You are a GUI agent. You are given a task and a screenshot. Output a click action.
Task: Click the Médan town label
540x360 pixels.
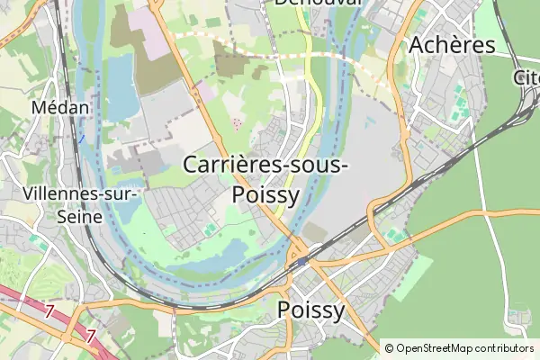60,107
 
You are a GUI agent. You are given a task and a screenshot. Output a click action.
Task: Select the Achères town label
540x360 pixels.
452,45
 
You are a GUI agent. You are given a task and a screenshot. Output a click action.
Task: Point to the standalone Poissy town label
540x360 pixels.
311,310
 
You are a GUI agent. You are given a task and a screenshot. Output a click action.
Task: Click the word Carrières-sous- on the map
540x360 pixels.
266,166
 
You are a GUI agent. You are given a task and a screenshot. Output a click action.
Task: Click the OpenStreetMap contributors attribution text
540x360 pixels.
464,348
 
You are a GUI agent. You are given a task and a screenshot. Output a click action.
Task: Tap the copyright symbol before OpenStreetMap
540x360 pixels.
389,348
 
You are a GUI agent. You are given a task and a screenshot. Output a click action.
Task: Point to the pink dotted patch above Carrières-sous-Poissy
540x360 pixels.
237,121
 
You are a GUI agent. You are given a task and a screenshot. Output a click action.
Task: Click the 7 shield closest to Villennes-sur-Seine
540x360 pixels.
49,310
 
